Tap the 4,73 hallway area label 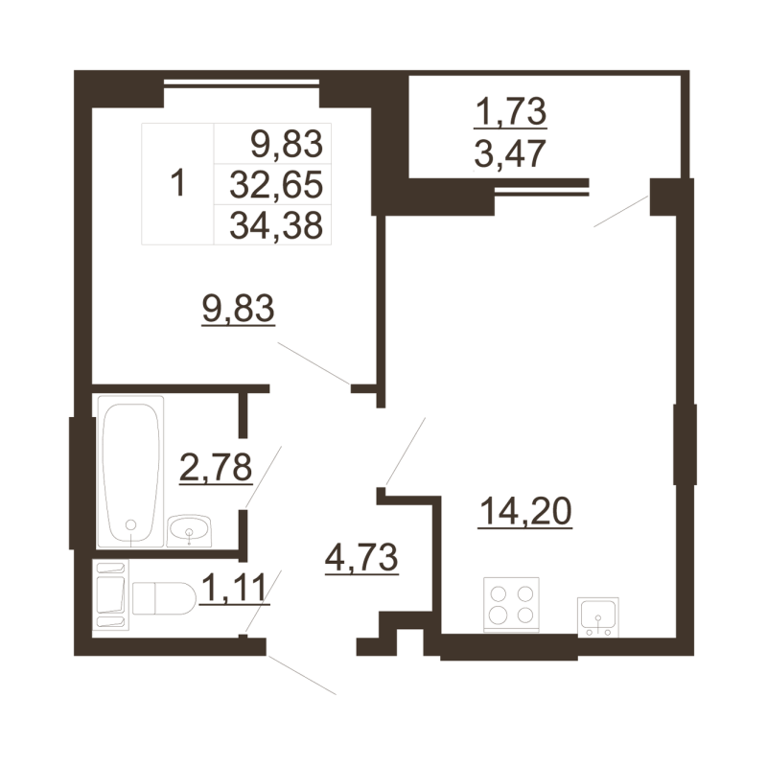pos(361,556)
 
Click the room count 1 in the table pos(176,183)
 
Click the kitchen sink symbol pos(597,616)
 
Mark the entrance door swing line pos(301,674)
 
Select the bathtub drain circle pos(131,526)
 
